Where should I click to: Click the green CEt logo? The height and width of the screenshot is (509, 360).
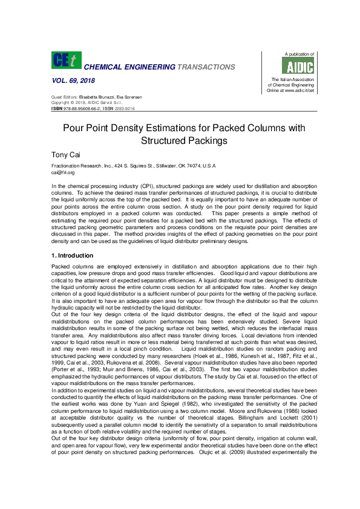(x=66, y=60)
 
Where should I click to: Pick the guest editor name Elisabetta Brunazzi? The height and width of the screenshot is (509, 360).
(x=94, y=98)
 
